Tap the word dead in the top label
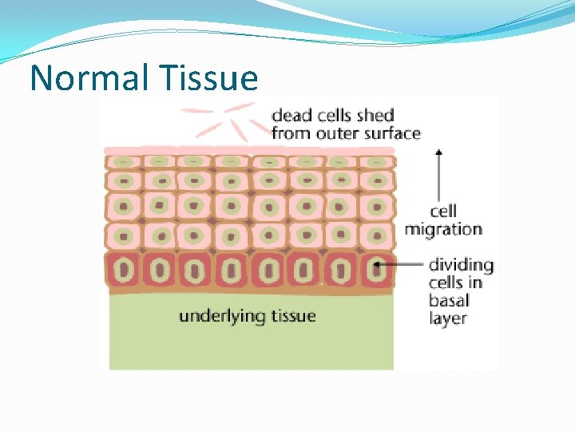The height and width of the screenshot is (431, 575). (x=291, y=116)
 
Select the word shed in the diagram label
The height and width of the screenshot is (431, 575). (x=375, y=116)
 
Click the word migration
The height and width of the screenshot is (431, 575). (x=443, y=230)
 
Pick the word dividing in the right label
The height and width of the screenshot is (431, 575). (x=461, y=265)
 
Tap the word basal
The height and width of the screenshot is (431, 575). (x=448, y=301)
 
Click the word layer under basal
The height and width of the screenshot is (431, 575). (x=448, y=318)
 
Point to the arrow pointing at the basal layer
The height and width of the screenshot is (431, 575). (x=399, y=264)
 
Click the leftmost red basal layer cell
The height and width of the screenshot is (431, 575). (x=124, y=270)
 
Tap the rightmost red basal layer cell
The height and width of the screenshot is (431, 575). (x=376, y=270)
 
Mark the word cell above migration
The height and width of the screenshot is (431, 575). (x=443, y=212)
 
